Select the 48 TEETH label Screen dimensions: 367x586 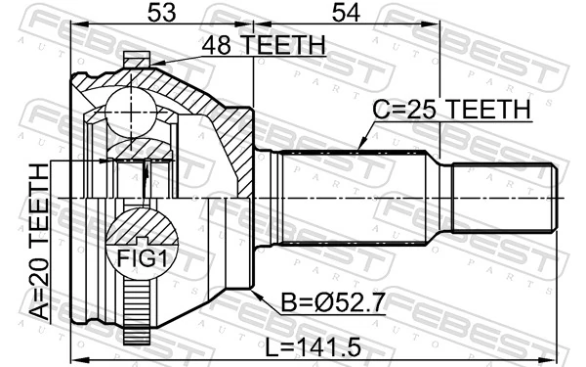click(x=263, y=44)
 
